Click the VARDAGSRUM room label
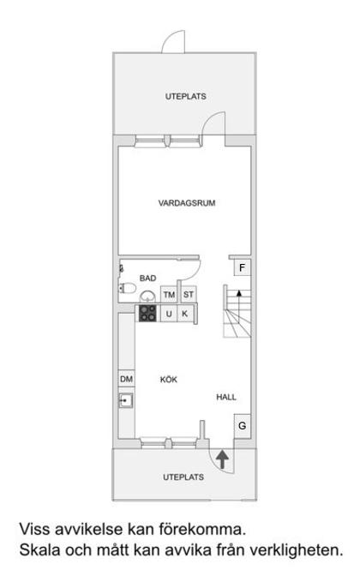click(186, 204)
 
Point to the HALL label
click(226, 398)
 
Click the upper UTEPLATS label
click(186, 97)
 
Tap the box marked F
click(243, 268)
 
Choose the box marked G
click(243, 425)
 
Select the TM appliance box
click(169, 296)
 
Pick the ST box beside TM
click(189, 296)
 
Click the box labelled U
click(169, 315)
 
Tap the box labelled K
click(184, 315)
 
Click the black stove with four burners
click(148, 314)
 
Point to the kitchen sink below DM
click(127, 400)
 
